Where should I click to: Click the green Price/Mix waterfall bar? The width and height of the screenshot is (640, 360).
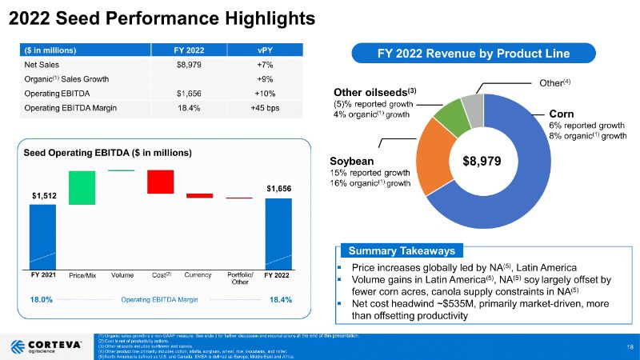(82, 187)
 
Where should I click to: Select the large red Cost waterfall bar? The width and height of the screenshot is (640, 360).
(160, 182)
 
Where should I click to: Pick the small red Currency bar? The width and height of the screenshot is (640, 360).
(199, 195)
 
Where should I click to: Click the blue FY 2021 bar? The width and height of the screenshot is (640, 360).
(42, 237)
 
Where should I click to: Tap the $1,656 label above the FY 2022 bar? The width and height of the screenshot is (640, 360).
(278, 188)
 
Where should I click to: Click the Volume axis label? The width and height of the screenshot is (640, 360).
(122, 276)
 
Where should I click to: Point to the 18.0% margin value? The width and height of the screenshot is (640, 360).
(41, 299)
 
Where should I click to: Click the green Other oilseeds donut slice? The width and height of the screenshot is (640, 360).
(457, 117)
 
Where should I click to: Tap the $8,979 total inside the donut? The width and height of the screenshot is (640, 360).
(482, 161)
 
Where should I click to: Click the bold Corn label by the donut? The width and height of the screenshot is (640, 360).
(561, 114)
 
